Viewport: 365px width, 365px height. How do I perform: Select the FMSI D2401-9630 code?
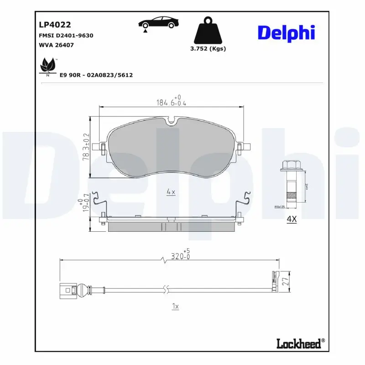(x=66, y=35)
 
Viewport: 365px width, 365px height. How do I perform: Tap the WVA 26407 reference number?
(x=57, y=45)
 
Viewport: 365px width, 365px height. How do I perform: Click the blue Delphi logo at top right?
(x=286, y=33)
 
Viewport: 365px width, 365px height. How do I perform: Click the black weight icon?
(x=208, y=31)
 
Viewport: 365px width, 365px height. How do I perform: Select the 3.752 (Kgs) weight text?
(x=208, y=48)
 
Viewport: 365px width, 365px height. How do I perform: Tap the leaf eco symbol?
(x=48, y=66)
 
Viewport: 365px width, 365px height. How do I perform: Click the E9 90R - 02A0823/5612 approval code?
(x=96, y=75)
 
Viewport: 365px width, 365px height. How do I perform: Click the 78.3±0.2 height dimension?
(x=85, y=146)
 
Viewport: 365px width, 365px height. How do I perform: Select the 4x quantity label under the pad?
(x=171, y=193)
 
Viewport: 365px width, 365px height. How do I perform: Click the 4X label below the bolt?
(x=291, y=219)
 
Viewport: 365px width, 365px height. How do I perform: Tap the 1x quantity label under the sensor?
(x=175, y=306)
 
